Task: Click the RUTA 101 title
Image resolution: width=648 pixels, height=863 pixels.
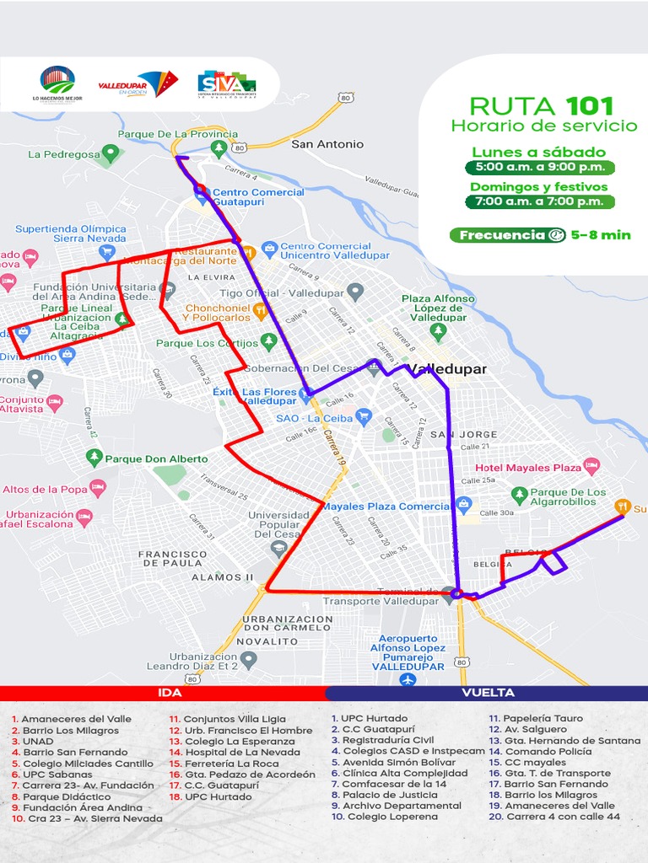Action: pyautogui.click(x=541, y=106)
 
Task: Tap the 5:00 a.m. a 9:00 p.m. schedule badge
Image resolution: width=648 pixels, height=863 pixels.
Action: pyautogui.click(x=539, y=168)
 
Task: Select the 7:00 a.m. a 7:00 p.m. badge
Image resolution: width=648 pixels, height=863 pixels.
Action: pyautogui.click(x=539, y=201)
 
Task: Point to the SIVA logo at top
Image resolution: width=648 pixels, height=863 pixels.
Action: pyautogui.click(x=225, y=84)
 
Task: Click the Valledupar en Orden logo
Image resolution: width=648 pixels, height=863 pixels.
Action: pyautogui.click(x=138, y=83)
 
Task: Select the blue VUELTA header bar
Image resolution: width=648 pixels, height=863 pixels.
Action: pyautogui.click(x=487, y=693)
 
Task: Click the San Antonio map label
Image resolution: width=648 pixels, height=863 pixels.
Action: pyautogui.click(x=327, y=144)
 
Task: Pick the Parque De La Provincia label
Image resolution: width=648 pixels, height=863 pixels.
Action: pyautogui.click(x=177, y=134)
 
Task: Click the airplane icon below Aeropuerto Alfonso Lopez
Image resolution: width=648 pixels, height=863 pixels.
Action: pyautogui.click(x=408, y=678)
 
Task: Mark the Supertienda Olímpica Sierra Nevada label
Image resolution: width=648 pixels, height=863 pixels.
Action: pyautogui.click(x=71, y=233)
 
